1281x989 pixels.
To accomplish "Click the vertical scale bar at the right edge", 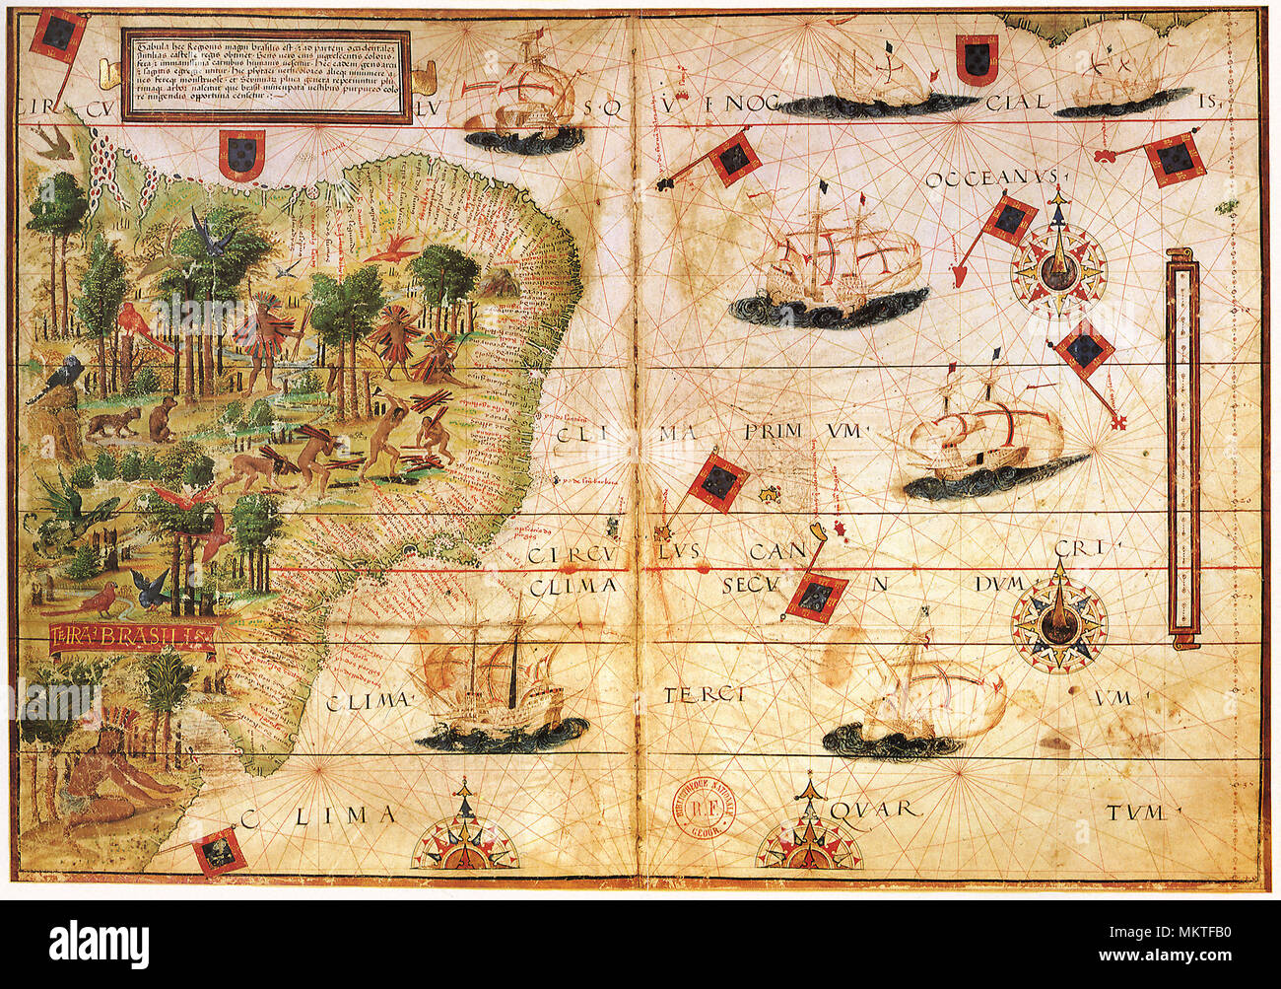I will coord(1181,446).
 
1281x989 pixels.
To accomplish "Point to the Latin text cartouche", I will coord(266,76).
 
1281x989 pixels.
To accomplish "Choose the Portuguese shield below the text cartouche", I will coord(240,155).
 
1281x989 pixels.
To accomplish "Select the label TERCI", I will coord(703,695).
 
